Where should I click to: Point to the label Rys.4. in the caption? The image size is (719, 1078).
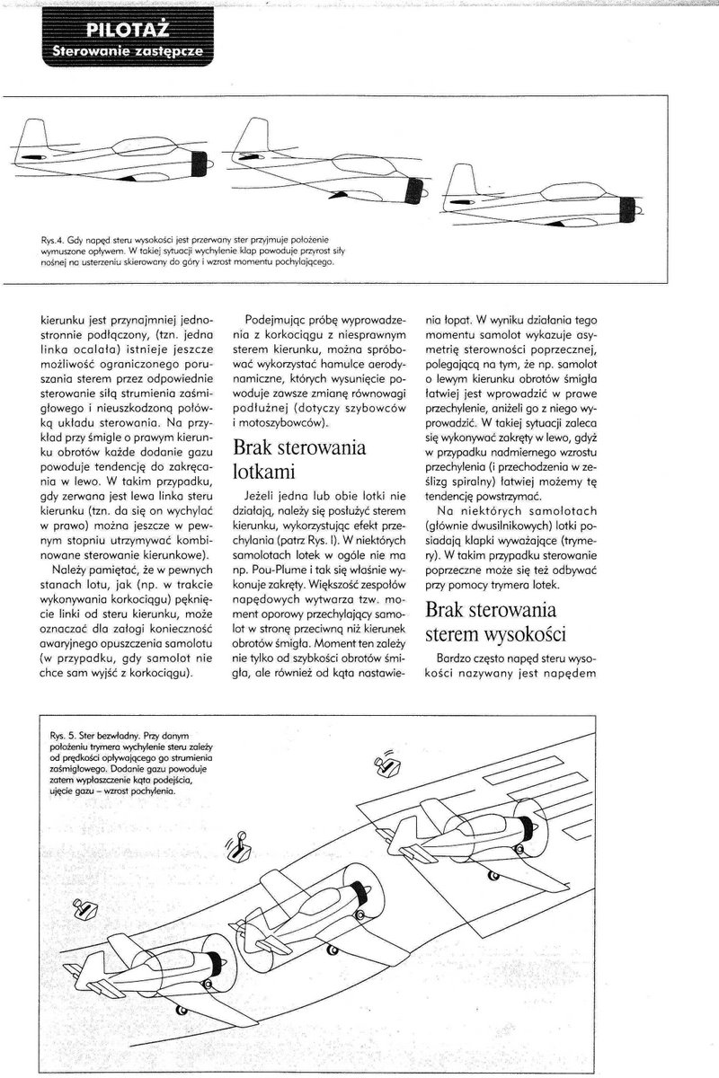pyautogui.click(x=53, y=242)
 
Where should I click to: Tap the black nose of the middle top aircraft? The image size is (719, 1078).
pyautogui.click(x=416, y=190)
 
